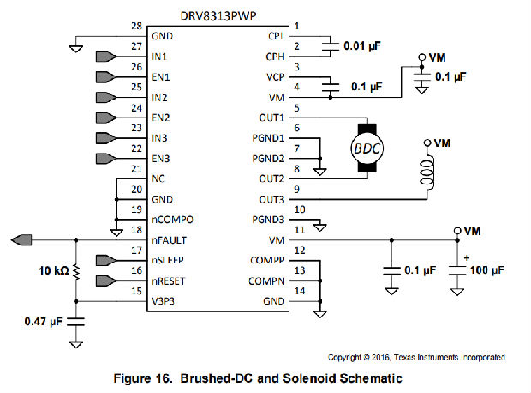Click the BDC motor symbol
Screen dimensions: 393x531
[367, 147]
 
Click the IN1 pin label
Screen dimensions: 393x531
[160, 57]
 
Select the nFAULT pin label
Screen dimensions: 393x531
[169, 240]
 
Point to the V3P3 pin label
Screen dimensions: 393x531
[164, 301]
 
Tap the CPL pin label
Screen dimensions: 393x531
[277, 36]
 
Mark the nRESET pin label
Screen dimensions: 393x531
[169, 281]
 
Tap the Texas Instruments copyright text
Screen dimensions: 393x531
[417, 356]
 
